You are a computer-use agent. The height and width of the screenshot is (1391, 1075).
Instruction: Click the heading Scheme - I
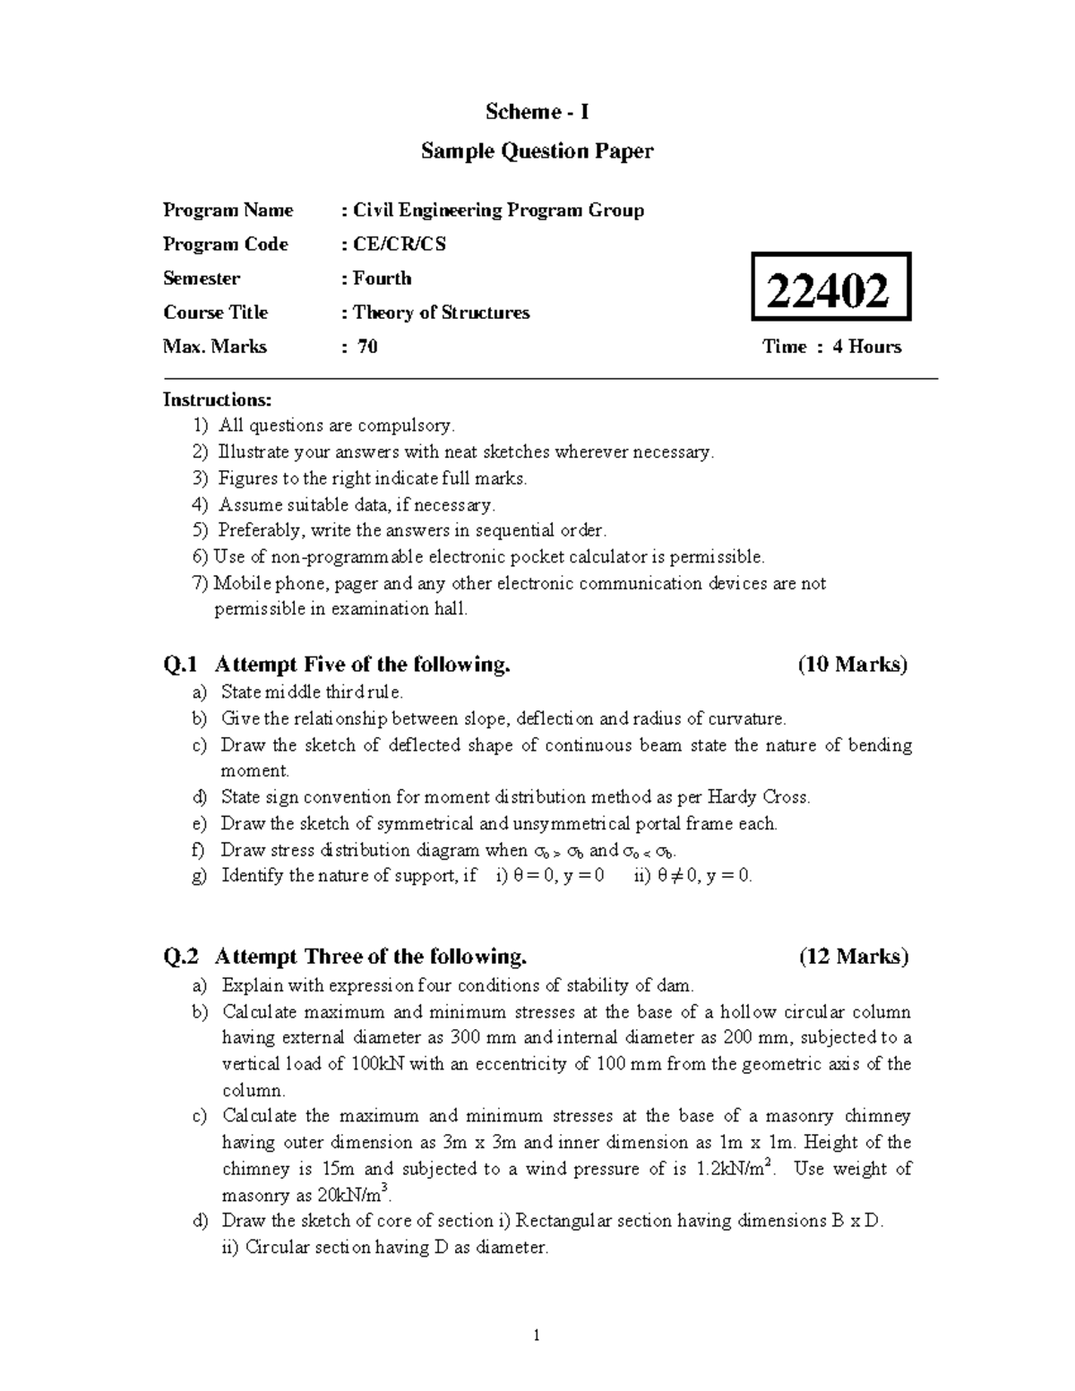(537, 112)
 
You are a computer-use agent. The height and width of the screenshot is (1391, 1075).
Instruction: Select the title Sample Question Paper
(537, 151)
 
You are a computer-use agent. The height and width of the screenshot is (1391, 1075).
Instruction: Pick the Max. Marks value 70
(367, 347)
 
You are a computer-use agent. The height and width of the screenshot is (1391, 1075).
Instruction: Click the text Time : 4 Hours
(831, 347)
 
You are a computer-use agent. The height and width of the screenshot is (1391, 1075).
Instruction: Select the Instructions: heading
(217, 399)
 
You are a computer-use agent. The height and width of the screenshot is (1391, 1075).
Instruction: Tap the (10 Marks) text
(852, 665)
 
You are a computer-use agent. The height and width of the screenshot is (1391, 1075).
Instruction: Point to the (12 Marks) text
(853, 957)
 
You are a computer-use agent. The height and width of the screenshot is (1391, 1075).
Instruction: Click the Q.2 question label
(181, 957)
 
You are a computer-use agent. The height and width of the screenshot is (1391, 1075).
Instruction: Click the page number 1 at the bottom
(537, 1337)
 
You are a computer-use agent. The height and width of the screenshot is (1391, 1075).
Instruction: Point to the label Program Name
(228, 210)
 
